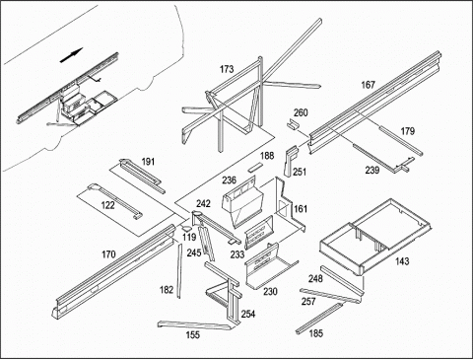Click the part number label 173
click(x=227, y=69)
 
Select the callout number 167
click(x=368, y=85)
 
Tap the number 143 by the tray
click(x=402, y=261)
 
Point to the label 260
click(x=301, y=112)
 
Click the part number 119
click(x=189, y=237)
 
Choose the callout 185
click(x=316, y=333)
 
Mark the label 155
click(x=193, y=335)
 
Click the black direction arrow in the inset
click(x=71, y=55)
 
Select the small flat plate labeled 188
click(x=255, y=167)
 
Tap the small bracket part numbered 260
click(x=293, y=124)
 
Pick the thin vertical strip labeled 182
click(x=179, y=271)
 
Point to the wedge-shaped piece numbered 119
click(x=186, y=229)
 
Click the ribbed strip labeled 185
click(x=319, y=318)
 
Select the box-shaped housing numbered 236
click(x=243, y=201)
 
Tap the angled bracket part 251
click(x=291, y=161)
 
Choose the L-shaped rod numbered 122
click(x=115, y=201)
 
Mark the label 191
click(x=148, y=162)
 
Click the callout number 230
click(x=270, y=292)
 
